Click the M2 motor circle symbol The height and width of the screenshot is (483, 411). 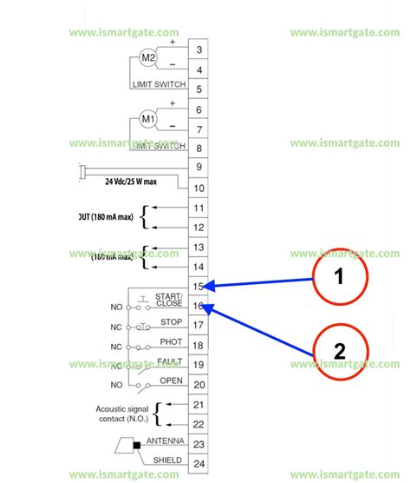pos(148,59)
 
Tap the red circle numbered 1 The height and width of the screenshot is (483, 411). pos(340,277)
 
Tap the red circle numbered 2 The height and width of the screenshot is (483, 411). pos(340,351)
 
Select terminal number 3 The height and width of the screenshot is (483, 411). pos(199,50)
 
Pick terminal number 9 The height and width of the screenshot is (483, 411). pos(199,168)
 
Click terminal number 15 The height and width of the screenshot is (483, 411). pos(199,286)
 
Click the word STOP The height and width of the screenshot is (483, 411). pos(171,321)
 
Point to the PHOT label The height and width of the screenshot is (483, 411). pos(171,341)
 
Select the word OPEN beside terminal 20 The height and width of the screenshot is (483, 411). pos(171,380)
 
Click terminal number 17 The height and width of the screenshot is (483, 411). pos(199,326)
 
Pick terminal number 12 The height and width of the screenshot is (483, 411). pos(199,228)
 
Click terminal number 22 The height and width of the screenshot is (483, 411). pos(199,423)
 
